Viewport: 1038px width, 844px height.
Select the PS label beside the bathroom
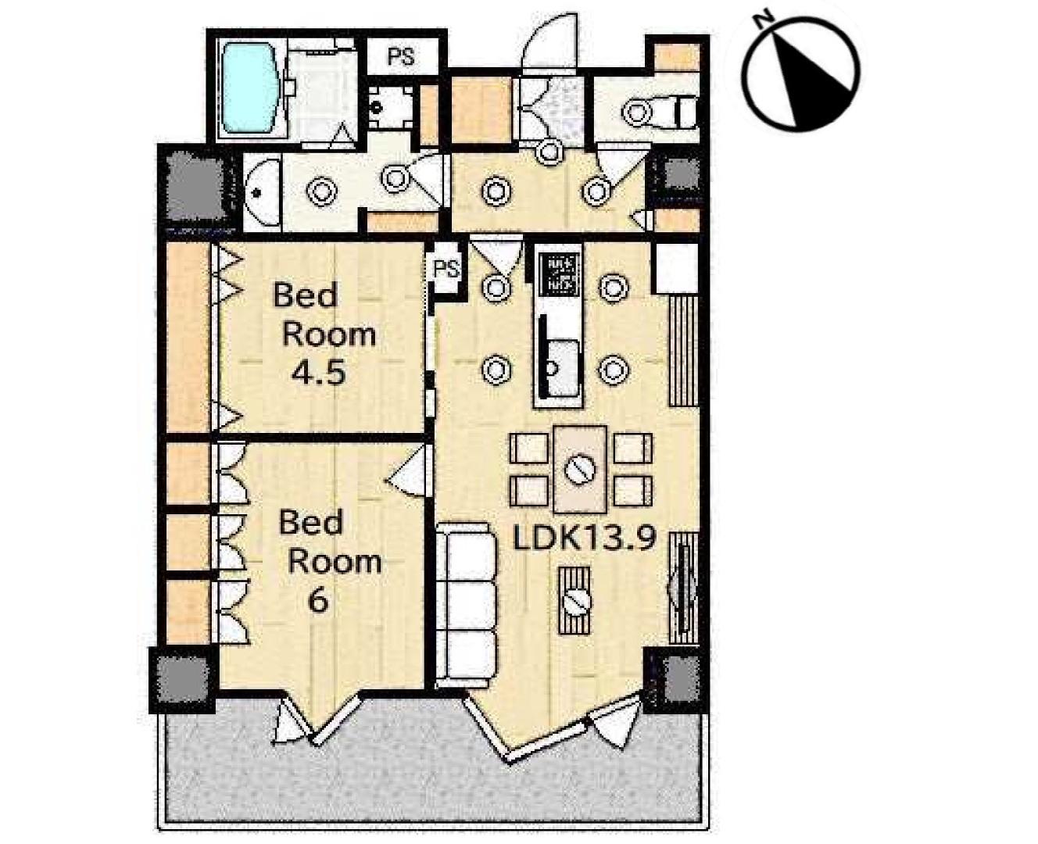point(400,56)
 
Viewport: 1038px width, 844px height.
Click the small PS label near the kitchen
point(447,269)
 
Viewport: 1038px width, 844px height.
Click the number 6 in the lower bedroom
point(318,601)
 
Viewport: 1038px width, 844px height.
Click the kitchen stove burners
point(559,276)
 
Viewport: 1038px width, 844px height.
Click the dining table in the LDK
point(581,469)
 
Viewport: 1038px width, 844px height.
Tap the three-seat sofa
point(467,606)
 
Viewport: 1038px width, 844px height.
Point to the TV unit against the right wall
point(683,588)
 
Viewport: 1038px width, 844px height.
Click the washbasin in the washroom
point(262,192)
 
